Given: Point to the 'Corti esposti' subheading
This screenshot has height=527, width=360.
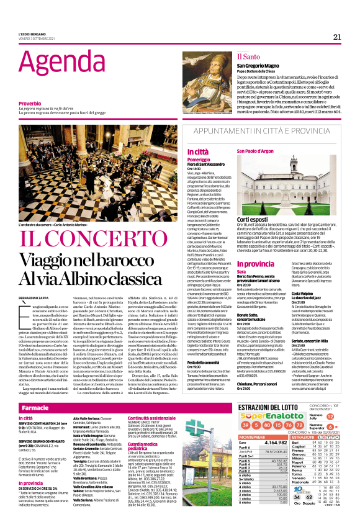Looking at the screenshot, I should [x=253, y=219].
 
